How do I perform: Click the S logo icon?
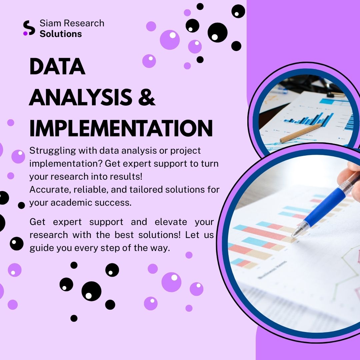[x=29, y=28]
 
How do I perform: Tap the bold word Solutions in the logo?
[x=61, y=34]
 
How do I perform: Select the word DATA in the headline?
[x=57, y=66]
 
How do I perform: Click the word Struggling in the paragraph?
[x=53, y=151]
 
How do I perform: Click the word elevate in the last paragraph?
[x=171, y=222]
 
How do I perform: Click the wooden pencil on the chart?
[x=301, y=133]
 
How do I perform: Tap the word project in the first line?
[x=186, y=151]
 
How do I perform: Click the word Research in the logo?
[x=84, y=23]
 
